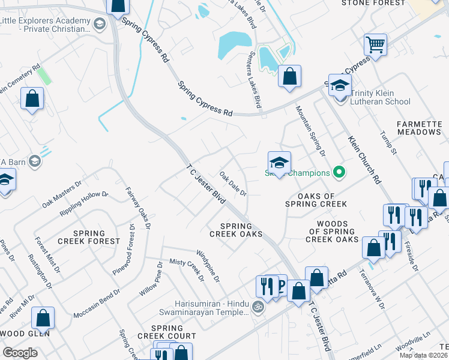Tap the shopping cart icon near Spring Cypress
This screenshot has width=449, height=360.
[375, 44]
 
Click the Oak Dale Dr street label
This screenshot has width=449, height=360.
[233, 184]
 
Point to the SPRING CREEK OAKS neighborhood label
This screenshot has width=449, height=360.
[236, 229]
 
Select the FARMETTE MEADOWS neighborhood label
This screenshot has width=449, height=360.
[418, 128]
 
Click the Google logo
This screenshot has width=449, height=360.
[20, 352]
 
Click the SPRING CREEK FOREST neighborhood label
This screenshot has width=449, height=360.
[97, 237]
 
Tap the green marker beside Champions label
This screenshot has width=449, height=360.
[339, 173]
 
